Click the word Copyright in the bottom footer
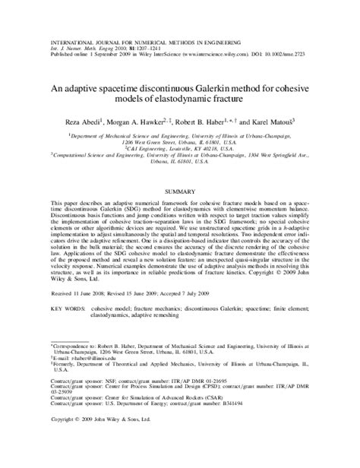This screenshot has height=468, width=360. pos(66,459)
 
